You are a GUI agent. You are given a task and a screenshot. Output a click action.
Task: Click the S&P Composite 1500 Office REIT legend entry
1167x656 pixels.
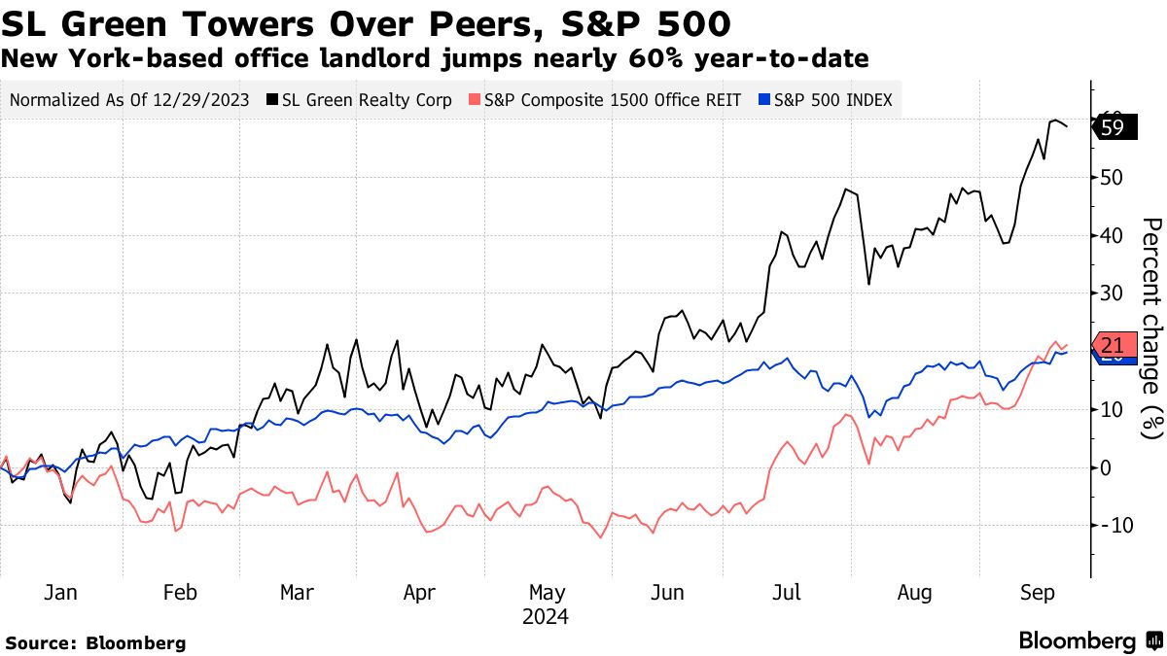pyautogui.click(x=605, y=99)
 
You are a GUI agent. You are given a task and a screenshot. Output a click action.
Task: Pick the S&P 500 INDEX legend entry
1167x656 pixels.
pyautogui.click(x=826, y=99)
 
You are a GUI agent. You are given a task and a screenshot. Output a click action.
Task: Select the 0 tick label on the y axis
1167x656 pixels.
pyautogui.click(x=1106, y=467)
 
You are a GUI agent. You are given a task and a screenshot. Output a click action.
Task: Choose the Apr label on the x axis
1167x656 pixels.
pyautogui.click(x=419, y=592)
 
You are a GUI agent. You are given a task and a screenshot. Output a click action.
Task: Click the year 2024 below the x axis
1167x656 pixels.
pyautogui.click(x=545, y=617)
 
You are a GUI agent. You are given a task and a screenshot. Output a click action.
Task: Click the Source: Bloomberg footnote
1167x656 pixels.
pyautogui.click(x=95, y=642)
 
